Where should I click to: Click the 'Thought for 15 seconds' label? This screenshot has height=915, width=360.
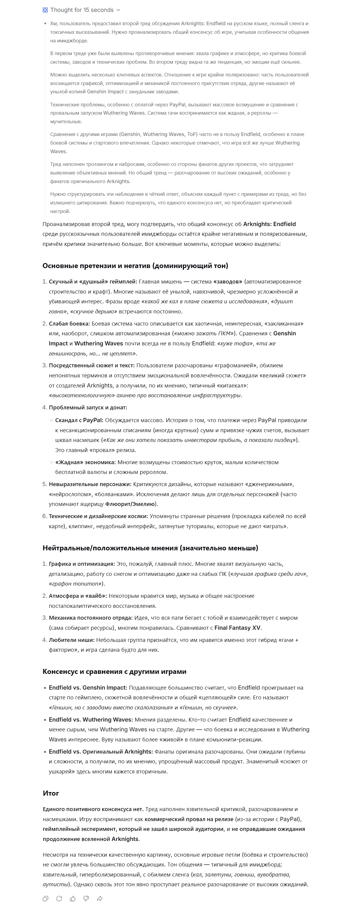pos(82,10)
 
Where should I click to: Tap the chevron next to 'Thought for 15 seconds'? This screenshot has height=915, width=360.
pos(118,10)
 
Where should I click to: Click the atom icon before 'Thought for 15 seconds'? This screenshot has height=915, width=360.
pos(45,10)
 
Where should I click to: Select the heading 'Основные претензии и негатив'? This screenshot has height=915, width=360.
pos(135,266)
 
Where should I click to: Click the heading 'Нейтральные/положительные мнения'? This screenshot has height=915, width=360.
pos(150,548)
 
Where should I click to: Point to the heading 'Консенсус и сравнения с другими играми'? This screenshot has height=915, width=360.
pos(114,671)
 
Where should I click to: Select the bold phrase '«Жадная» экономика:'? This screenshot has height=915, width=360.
pos(85,462)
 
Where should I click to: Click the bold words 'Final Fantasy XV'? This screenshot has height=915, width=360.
pos(237,628)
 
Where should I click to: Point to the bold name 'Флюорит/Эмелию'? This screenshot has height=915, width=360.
pos(131,504)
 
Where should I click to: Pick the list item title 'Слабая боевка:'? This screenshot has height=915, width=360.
pos(69,323)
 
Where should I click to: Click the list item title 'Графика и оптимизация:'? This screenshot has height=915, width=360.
pos(82,564)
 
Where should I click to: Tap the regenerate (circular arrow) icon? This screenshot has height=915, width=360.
pos(59,898)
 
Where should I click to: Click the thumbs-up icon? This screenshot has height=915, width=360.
pos(73,898)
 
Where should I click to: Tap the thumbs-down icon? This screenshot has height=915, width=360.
pos(86,898)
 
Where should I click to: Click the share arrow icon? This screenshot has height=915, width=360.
pos(100,898)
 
